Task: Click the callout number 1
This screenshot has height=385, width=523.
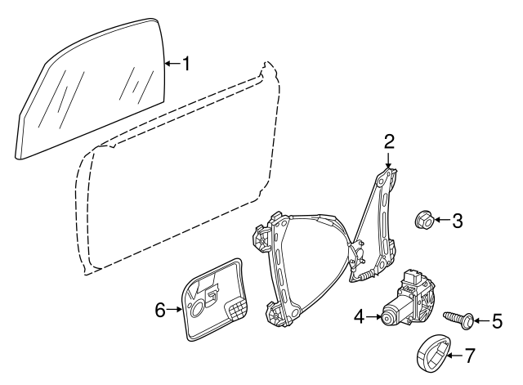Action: [x=186, y=63]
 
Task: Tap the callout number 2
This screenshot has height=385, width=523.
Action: [x=390, y=141]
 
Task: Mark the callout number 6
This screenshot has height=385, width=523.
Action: [x=160, y=309]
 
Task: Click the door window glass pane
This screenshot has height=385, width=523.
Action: [x=90, y=90]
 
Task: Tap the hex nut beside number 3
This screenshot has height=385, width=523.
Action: [x=423, y=219]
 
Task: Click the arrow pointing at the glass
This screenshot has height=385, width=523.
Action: [x=171, y=63]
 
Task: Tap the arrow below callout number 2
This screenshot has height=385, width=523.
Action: [x=390, y=159]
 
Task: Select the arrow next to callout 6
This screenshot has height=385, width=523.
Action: [x=177, y=309]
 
